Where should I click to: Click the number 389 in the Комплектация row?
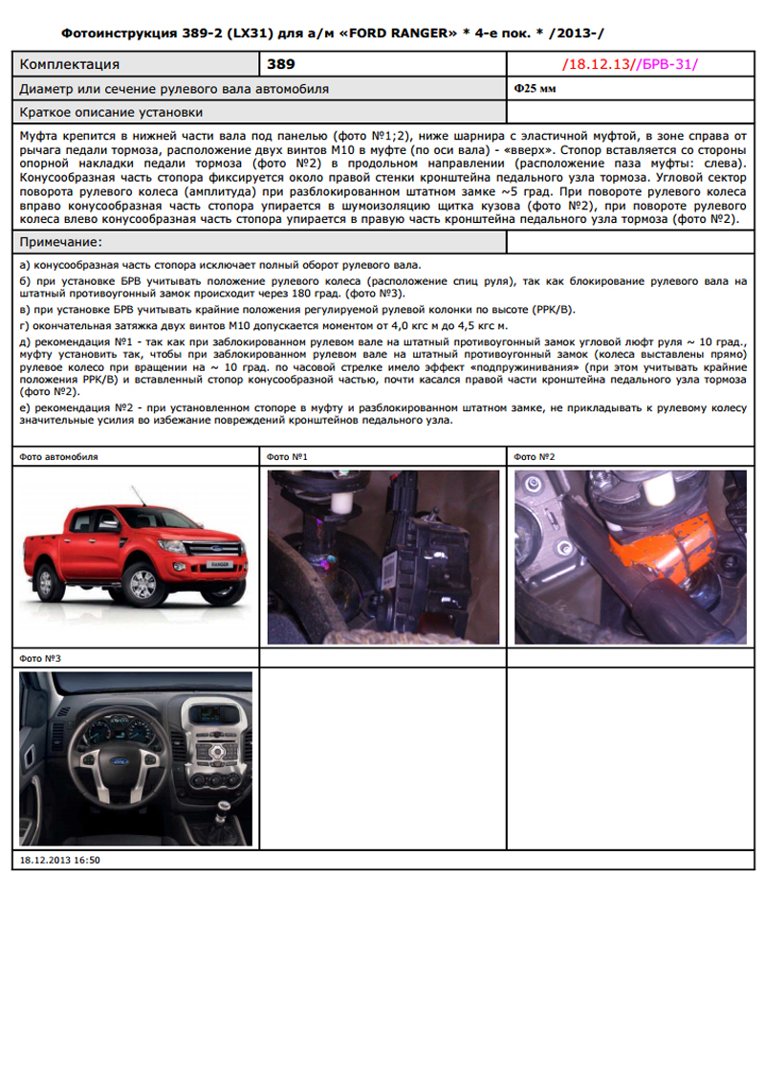281,64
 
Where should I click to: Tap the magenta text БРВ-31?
667,64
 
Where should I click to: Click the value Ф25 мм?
535,88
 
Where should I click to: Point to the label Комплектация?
69,64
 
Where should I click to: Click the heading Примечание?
60,242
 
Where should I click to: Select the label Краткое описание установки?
111,113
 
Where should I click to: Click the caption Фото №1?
287,456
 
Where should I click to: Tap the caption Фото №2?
534,456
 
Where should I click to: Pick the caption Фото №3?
40,658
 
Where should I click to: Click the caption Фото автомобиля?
58,456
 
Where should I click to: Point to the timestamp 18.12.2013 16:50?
59,860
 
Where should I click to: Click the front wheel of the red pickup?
142,584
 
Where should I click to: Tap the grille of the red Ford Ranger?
214,549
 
